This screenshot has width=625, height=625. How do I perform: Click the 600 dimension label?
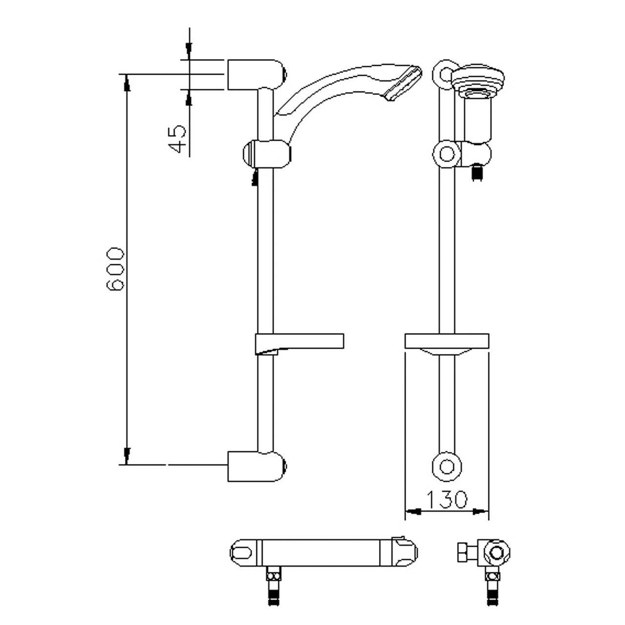pos(116,270)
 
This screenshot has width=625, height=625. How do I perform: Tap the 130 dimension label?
pos(447,499)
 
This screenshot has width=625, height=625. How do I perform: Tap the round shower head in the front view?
pos(478,78)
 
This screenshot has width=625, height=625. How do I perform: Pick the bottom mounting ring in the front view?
pos(446,466)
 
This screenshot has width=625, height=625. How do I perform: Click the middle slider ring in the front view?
pos(446,154)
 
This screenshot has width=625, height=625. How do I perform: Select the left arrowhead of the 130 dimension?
pos(413,512)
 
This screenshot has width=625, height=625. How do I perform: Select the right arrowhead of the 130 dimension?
pos(481,512)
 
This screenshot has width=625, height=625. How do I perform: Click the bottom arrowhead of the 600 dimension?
pos(127,455)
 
